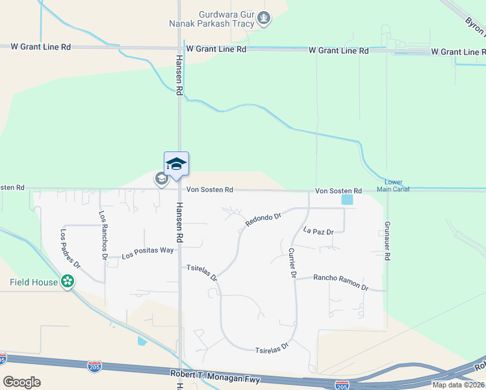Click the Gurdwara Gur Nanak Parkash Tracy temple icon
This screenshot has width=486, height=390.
263,18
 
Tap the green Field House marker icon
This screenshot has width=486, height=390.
67,281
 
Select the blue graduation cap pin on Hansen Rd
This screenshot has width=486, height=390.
176,163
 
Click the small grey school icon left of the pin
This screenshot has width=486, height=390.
160,178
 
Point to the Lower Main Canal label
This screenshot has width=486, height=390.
397,186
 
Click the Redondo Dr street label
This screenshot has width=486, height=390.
262,220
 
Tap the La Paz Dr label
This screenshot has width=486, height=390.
318,231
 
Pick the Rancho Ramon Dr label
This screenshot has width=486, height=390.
340,282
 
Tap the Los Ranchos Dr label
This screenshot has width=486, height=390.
103,235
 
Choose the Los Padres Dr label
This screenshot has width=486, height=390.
70,249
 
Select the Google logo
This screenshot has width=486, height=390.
21,382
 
